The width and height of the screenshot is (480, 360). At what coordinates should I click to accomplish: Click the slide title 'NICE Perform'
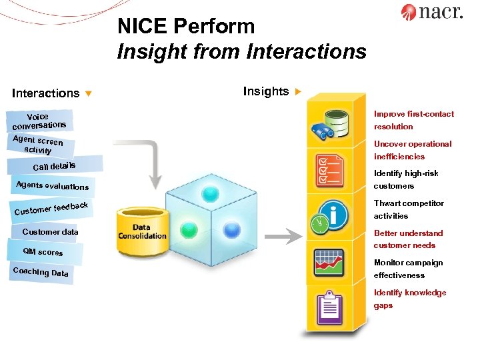[x=186, y=27]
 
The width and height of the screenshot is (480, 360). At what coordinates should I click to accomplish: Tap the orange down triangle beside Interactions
[x=88, y=93]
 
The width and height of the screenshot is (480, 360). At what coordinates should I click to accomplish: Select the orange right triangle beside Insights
[x=298, y=91]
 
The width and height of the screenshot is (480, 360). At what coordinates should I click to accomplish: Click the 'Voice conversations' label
[x=39, y=121]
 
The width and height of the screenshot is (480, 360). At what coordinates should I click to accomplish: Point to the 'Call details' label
[x=55, y=165]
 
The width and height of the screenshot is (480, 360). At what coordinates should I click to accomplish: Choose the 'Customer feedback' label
[x=51, y=209]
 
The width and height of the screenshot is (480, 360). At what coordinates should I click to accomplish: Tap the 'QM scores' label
[x=43, y=252]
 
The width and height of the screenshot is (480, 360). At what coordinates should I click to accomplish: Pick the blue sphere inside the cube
[x=231, y=230]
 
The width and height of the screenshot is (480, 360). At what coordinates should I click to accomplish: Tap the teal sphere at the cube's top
[x=211, y=194]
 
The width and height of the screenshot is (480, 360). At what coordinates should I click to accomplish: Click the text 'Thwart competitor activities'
[x=408, y=209]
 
